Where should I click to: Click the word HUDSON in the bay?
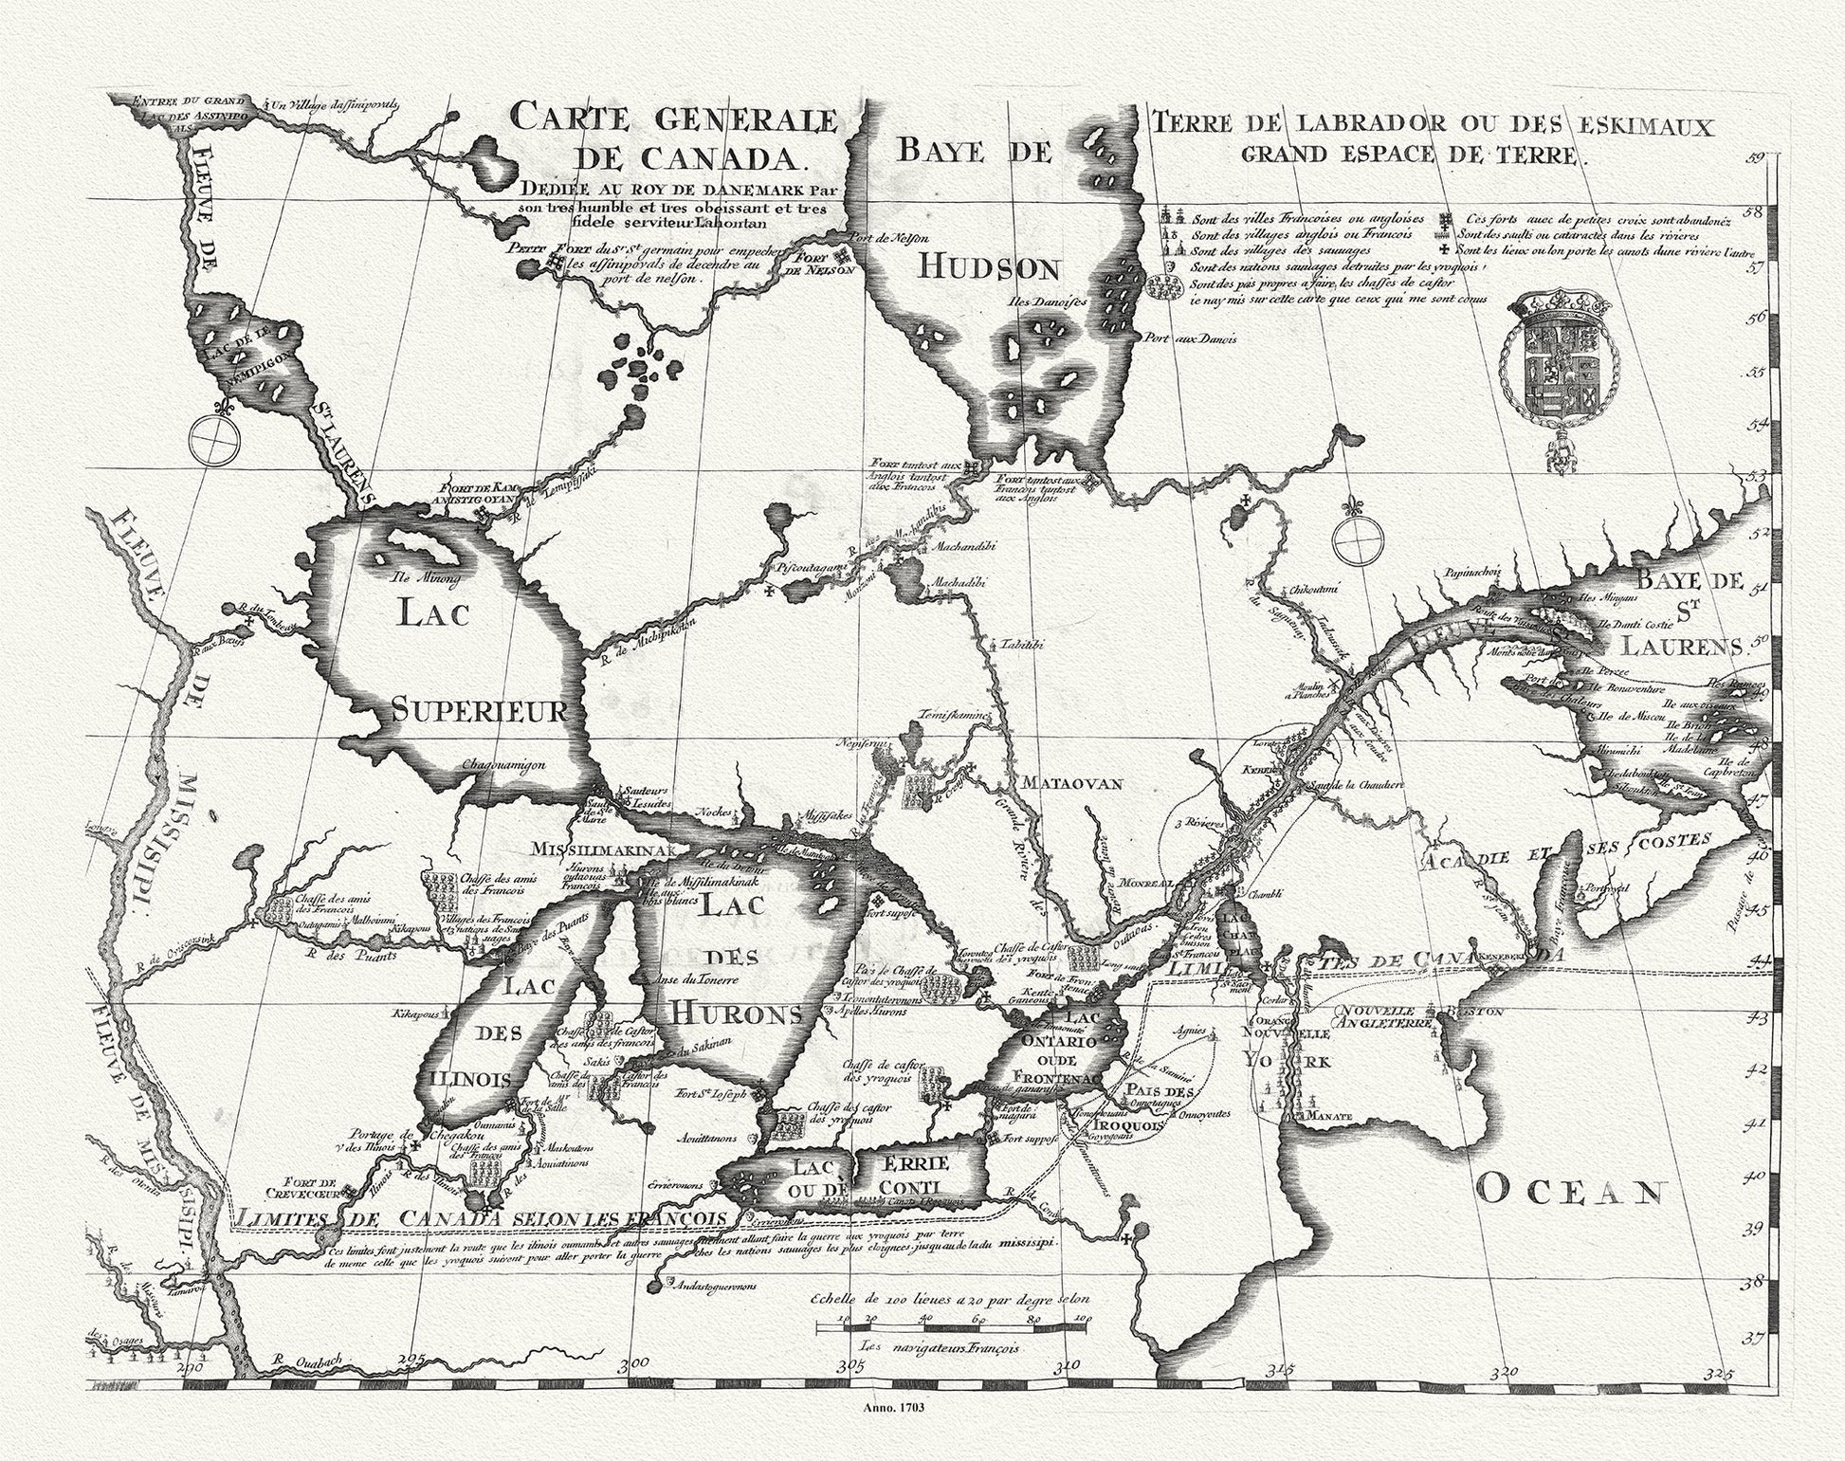tap(987, 270)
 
